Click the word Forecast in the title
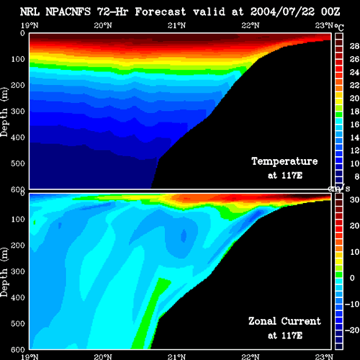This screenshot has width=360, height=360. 161,12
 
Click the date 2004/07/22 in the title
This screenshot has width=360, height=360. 282,12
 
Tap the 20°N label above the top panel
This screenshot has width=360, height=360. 103,25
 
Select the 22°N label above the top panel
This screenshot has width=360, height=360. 251,25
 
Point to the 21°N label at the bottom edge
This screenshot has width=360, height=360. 176,357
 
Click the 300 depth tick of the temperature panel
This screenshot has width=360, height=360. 18,111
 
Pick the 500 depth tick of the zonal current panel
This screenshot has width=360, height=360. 18,323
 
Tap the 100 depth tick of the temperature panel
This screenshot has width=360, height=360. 18,59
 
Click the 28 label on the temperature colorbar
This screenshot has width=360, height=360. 354,46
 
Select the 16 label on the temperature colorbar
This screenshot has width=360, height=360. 354,125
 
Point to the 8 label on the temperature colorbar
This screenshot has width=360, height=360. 356,176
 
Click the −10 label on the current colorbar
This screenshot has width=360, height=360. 352,304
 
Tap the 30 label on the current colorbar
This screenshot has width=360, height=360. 354,199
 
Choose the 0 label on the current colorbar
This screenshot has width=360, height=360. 352,278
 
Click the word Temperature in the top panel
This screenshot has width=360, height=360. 284,161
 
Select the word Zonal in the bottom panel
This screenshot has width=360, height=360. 262,321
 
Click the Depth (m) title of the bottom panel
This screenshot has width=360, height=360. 4,272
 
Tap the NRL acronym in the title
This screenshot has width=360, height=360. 30,12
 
